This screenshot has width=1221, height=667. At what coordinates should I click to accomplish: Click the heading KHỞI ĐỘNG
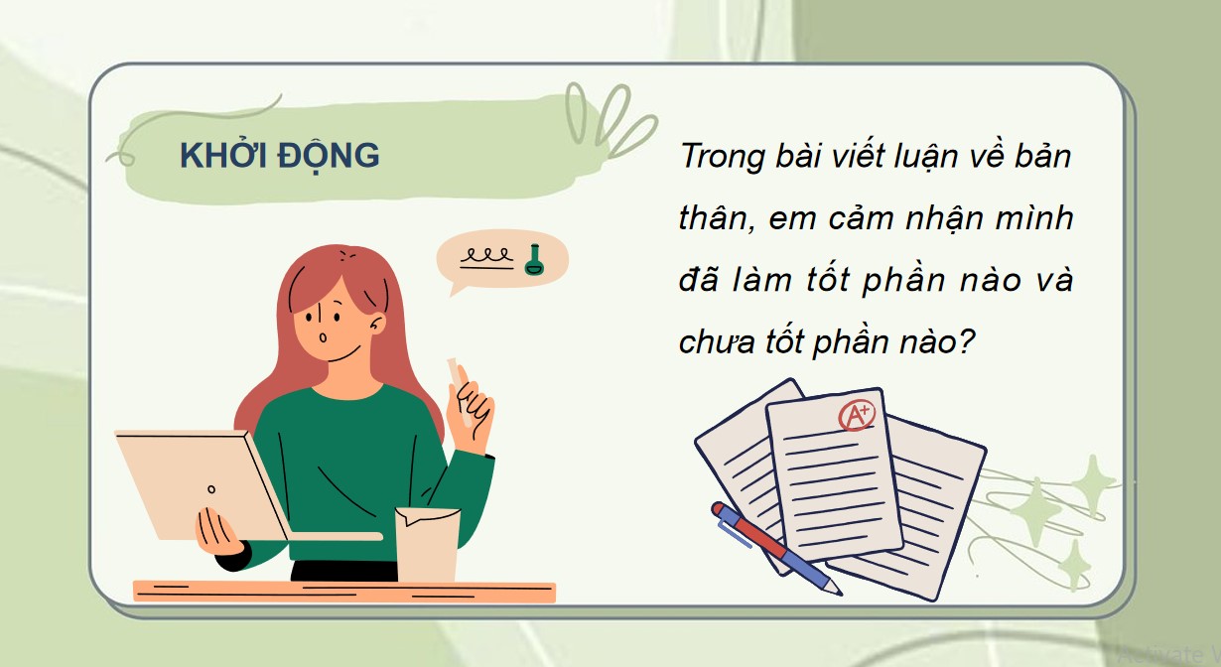[279, 155]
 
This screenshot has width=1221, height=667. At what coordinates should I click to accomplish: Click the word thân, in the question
[712, 218]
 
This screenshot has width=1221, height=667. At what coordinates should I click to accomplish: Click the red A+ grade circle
[857, 416]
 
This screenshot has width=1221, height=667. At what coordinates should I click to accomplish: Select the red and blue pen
[775, 547]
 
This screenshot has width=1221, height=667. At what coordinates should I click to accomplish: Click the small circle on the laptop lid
[210, 489]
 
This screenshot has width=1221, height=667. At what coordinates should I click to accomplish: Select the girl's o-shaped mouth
[325, 337]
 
